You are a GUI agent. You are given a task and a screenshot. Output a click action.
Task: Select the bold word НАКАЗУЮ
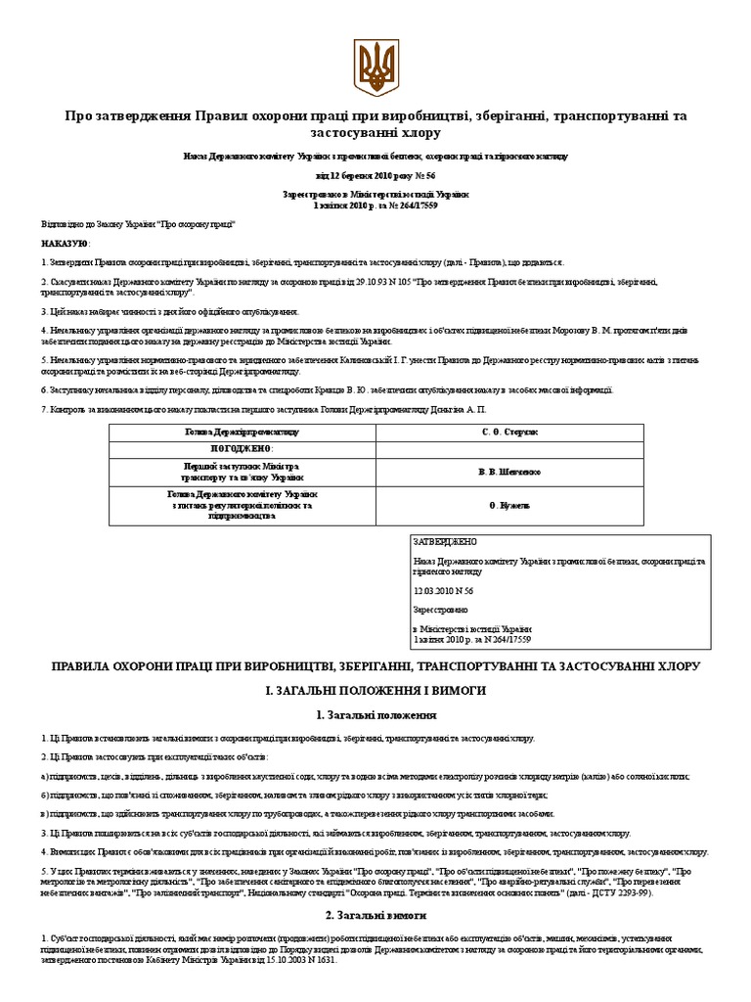point(66,243)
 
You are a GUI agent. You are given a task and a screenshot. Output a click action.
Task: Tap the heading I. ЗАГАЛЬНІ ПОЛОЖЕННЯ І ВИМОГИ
point(375,691)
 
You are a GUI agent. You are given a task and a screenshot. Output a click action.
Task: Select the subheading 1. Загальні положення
point(375,716)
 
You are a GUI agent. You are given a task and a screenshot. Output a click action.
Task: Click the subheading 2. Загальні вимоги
point(375,916)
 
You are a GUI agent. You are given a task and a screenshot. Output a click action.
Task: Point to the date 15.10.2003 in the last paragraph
point(290,960)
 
